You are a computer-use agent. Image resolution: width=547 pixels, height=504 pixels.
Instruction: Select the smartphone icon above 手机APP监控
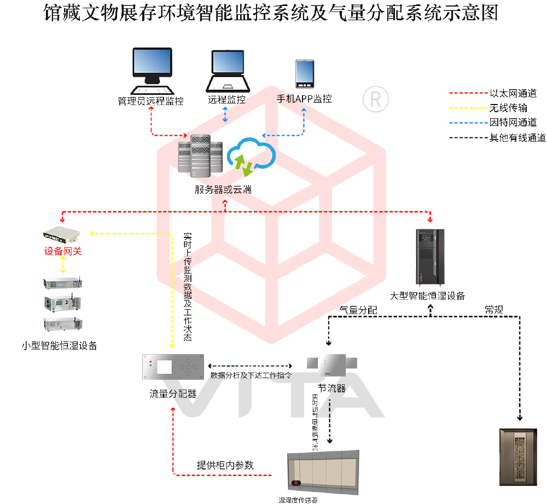tap(304, 74)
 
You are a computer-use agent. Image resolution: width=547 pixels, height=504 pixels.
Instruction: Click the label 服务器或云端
tap(223, 190)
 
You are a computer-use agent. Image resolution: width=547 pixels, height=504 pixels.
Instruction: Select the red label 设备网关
tap(63, 252)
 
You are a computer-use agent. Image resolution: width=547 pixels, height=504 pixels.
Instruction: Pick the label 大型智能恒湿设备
tap(427, 296)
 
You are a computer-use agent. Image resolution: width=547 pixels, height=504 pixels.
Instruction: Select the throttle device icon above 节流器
tap(332, 366)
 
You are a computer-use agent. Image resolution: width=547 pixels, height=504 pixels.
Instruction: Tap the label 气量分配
tap(358, 310)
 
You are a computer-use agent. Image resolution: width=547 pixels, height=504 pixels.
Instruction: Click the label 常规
tap(493, 310)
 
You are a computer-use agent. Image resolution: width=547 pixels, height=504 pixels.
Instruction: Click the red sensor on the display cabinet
tap(297, 483)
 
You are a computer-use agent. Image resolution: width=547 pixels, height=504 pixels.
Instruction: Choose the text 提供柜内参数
tap(225, 465)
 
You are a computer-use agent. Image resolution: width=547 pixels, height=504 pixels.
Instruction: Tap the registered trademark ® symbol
tap(376, 99)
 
